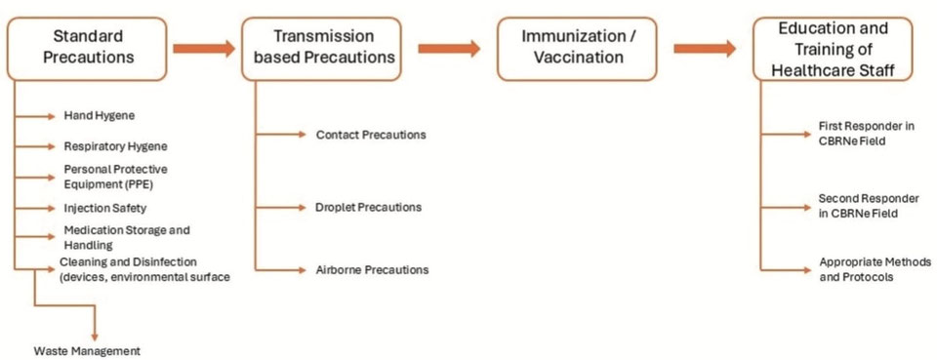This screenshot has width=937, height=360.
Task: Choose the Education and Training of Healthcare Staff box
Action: pyautogui.click(x=826, y=48)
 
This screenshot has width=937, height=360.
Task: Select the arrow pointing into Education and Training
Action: pyautogui.click(x=704, y=48)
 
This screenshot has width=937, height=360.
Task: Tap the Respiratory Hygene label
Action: pyautogui.click(x=115, y=146)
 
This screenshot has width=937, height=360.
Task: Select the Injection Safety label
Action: pyautogui.click(x=104, y=208)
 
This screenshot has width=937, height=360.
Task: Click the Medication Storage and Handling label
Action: pyautogui.click(x=126, y=238)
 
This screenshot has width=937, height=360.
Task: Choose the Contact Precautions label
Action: pyautogui.click(x=371, y=135)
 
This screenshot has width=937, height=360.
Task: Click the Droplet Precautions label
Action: pyautogui.click(x=368, y=207)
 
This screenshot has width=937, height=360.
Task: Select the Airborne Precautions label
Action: pyautogui.click(x=372, y=269)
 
